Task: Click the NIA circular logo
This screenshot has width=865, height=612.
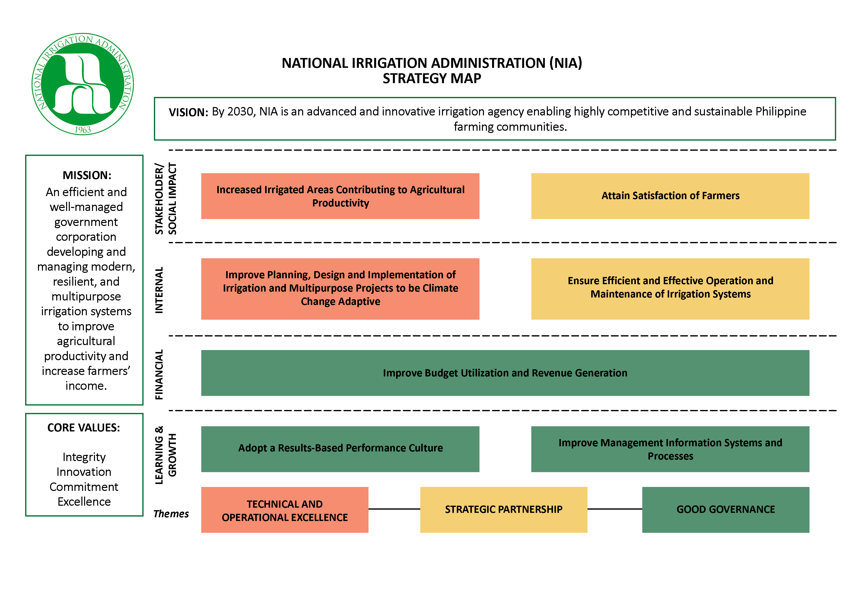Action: tap(83, 84)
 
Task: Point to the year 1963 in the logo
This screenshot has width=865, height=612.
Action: tap(83, 130)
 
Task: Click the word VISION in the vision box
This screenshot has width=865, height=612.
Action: tap(188, 112)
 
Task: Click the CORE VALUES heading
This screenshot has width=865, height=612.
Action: tap(84, 428)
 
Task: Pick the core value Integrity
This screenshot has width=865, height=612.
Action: tap(84, 457)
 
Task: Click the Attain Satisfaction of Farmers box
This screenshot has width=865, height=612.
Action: tap(670, 196)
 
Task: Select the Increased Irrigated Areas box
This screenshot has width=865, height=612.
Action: tap(340, 196)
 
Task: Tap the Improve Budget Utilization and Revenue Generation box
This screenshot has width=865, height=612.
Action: tap(505, 373)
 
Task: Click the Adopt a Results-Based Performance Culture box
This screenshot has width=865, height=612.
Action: tap(340, 449)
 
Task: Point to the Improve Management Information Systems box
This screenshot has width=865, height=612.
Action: tap(670, 449)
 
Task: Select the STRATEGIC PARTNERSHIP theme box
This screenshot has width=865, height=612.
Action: tap(504, 509)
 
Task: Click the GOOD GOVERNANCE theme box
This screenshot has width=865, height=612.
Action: tap(726, 509)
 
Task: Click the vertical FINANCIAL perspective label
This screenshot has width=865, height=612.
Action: tap(159, 375)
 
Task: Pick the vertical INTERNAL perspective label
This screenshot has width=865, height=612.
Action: tap(159, 290)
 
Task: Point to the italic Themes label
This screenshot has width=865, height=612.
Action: tap(171, 514)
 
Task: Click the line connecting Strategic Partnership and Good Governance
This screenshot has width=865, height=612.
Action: tap(615, 509)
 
